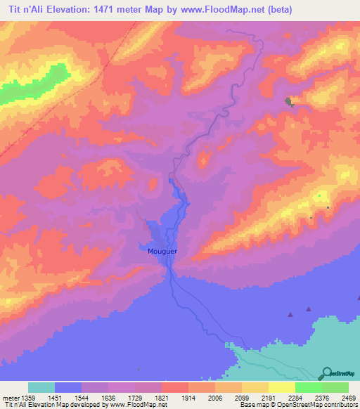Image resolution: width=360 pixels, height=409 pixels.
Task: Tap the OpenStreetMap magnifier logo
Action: pos(325,372)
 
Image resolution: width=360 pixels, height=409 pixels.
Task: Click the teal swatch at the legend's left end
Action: pos(41,387)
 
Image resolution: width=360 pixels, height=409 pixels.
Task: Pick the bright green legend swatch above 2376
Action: pos(308,387)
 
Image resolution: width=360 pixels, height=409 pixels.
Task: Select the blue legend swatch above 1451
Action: pos(68,387)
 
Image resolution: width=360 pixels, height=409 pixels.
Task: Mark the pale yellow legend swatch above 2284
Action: pos(281,387)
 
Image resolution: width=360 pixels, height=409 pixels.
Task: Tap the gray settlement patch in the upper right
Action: pos(289,103)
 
